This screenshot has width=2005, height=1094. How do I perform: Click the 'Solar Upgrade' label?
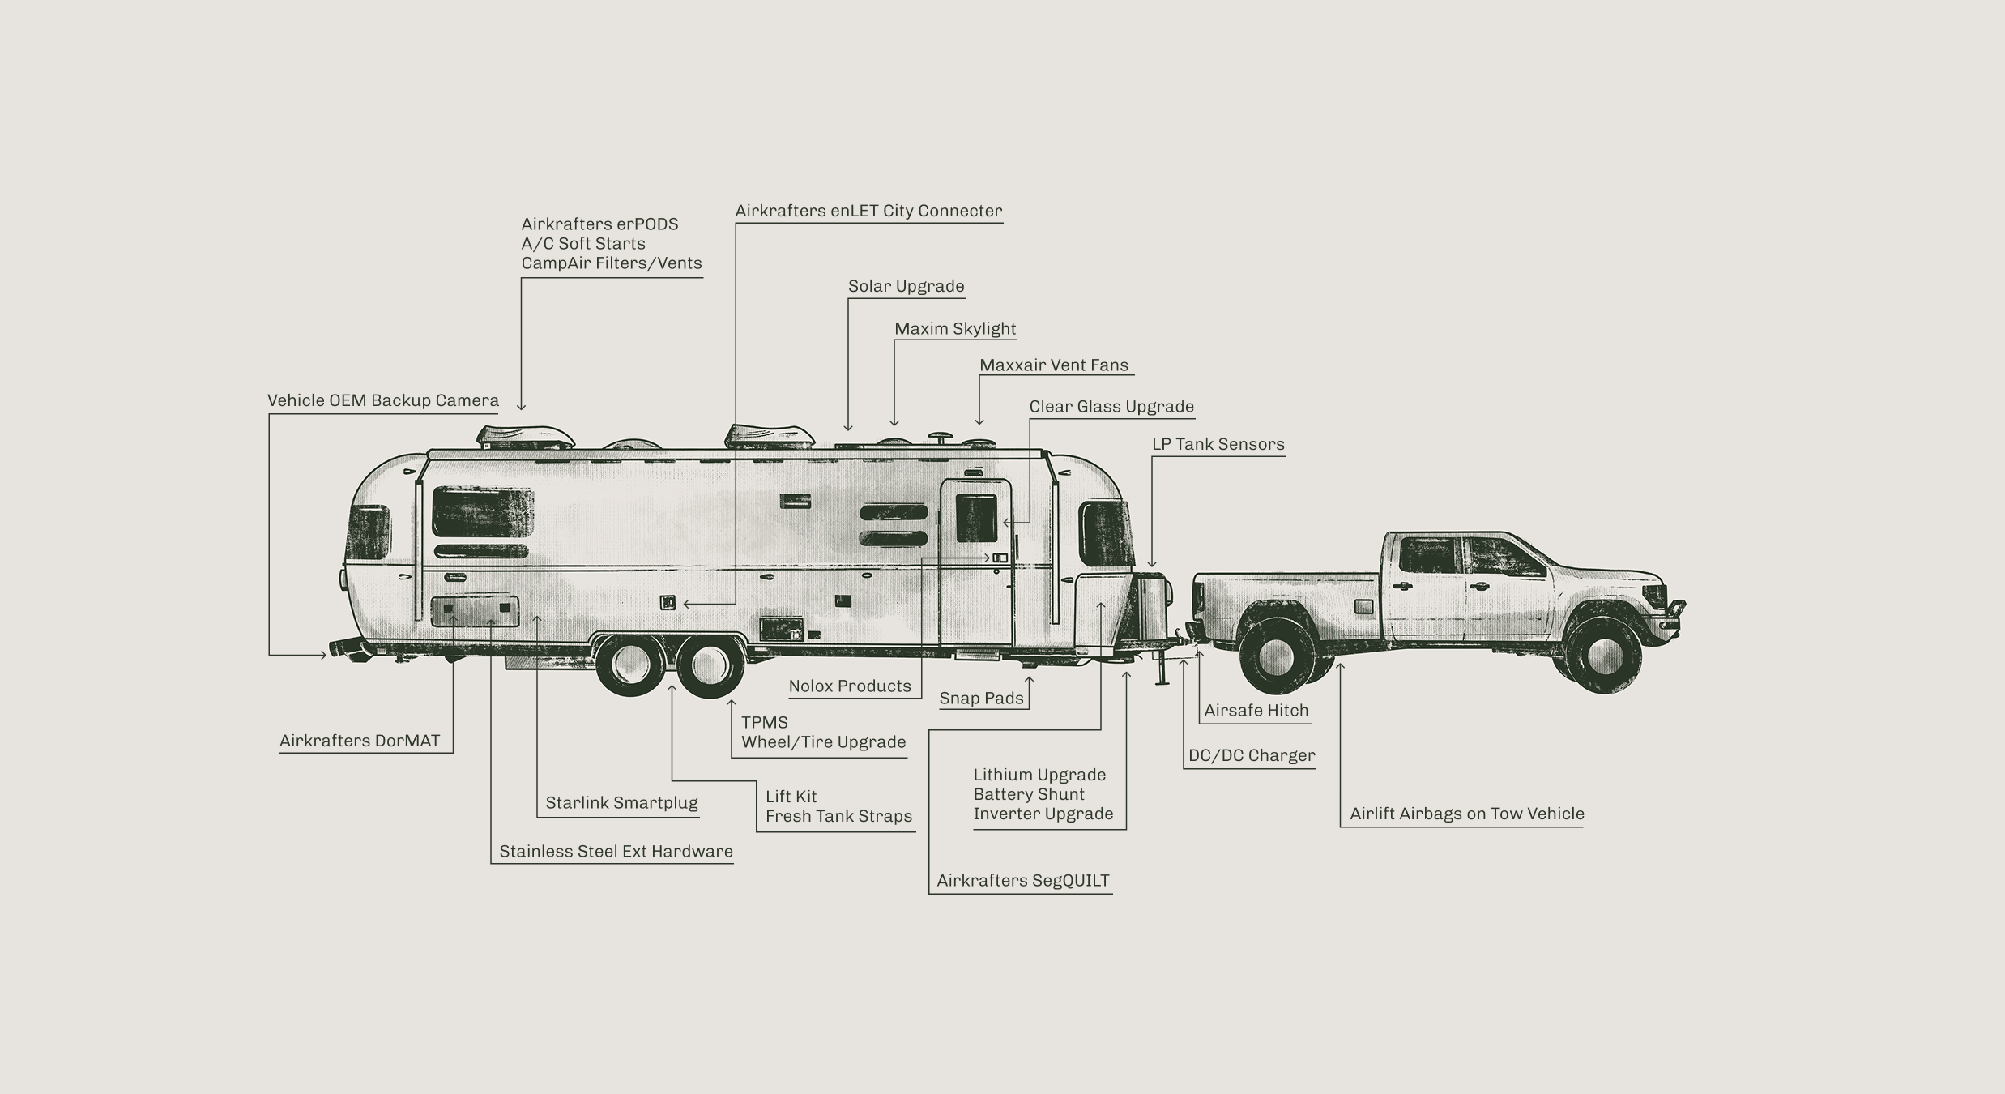pos(906,287)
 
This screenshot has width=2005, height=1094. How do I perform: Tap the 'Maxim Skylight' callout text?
pos(954,329)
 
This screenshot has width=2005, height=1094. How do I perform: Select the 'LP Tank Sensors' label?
pos(1218,445)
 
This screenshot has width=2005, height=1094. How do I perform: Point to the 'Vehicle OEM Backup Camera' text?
pos(382,401)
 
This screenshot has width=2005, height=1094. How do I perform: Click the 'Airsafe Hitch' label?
pos(1256,711)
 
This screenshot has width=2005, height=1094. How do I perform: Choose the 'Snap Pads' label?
pos(981,699)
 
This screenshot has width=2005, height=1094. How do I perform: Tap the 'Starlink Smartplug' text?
pos(621,803)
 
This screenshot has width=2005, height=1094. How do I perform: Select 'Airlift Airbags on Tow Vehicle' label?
pos(1466,814)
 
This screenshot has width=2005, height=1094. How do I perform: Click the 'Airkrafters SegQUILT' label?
pos(1022,881)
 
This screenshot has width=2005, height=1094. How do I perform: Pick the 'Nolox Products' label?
pos(850,686)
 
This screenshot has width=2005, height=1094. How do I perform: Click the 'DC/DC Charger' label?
pos(1251,756)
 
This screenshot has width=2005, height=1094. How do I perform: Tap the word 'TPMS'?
pos(764,723)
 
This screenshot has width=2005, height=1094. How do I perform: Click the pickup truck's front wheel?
pos(1603,655)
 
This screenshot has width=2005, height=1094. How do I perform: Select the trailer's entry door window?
pos(976,518)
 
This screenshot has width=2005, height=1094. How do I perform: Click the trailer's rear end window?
pos(369,532)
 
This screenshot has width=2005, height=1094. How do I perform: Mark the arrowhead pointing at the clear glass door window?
pos(1006,523)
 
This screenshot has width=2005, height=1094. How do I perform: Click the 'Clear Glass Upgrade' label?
pos(1111,407)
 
